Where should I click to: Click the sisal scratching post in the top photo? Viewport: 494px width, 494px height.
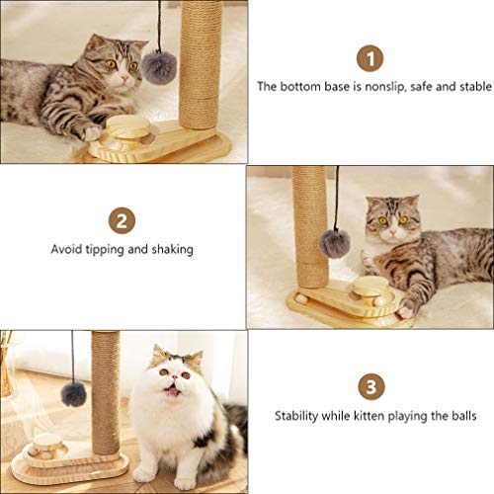coord(200,64)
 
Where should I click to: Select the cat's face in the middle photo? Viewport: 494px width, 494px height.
coord(388,223)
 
